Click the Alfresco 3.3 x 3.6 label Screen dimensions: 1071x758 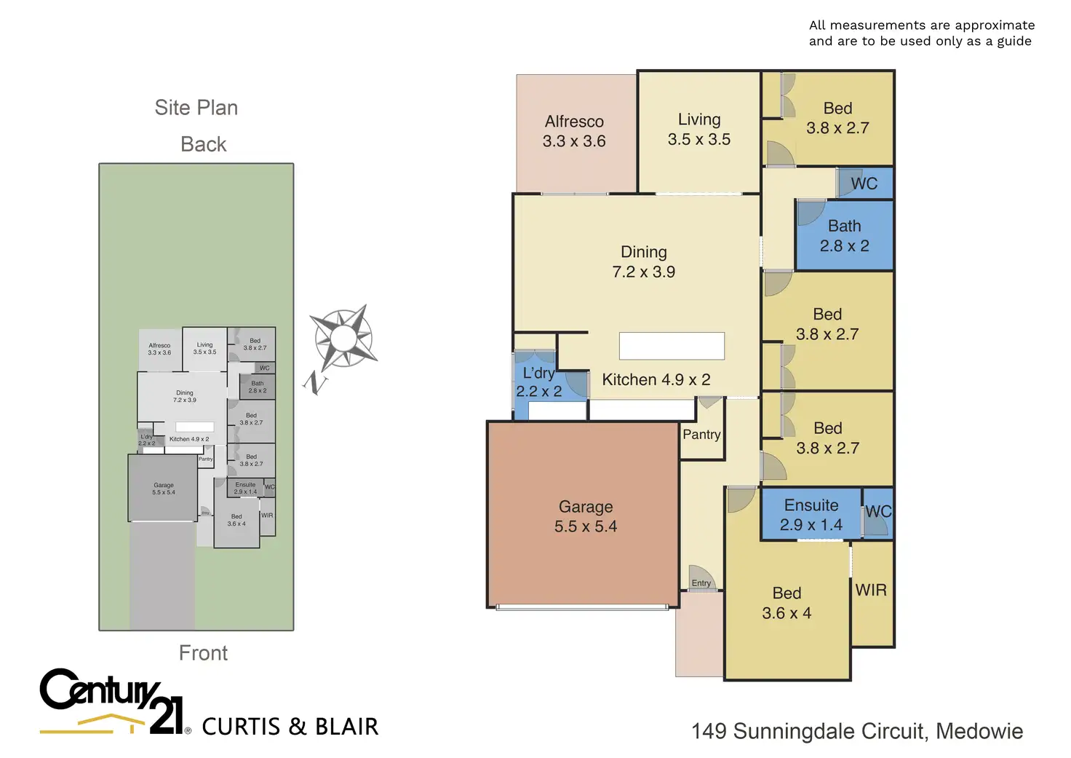click(x=574, y=131)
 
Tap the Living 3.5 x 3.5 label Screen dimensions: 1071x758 click(x=699, y=129)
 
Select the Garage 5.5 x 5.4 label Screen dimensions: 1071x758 click(x=586, y=516)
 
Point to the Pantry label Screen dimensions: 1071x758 click(x=701, y=435)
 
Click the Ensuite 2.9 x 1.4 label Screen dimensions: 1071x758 click(x=811, y=515)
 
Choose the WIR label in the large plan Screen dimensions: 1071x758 click(x=871, y=590)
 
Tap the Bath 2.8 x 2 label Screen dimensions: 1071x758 click(x=844, y=236)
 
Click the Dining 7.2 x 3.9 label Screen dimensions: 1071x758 click(x=644, y=261)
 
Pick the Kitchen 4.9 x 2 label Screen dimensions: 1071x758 click(x=656, y=379)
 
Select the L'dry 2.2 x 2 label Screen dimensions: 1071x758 click(x=539, y=382)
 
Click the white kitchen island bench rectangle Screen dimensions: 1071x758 click(x=672, y=346)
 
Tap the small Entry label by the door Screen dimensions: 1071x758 click(x=701, y=583)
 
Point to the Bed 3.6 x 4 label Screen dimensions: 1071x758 click(x=787, y=603)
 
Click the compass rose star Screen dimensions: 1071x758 click(x=342, y=336)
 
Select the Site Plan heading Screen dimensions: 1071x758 click(x=196, y=108)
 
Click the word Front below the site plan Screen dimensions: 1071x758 click(x=203, y=653)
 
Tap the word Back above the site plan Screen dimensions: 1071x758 click(x=204, y=144)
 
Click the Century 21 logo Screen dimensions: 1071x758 click(x=114, y=700)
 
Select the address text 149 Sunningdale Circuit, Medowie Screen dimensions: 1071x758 click(x=857, y=731)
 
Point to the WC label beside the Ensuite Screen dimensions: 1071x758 click(x=878, y=511)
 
